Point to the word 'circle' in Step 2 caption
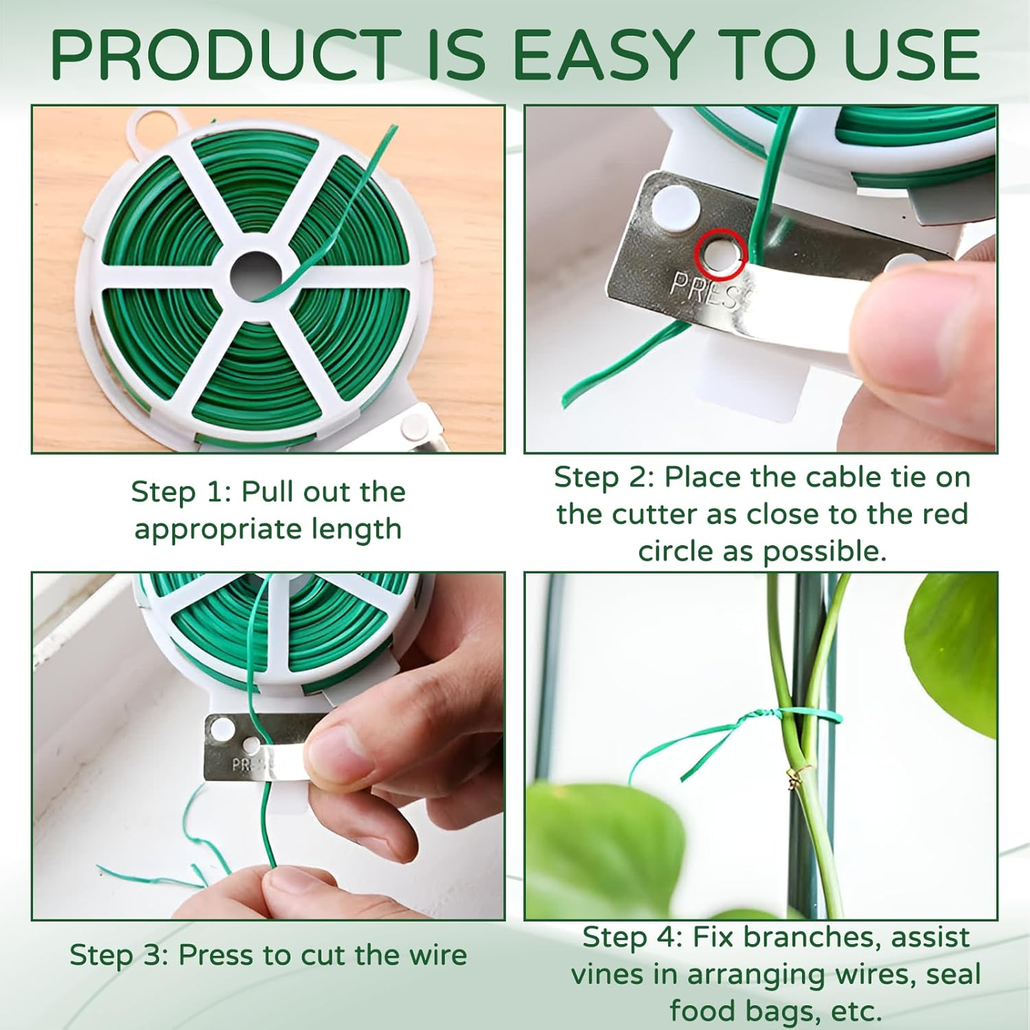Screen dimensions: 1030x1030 (676, 551)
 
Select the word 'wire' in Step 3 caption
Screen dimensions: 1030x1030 (437, 955)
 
